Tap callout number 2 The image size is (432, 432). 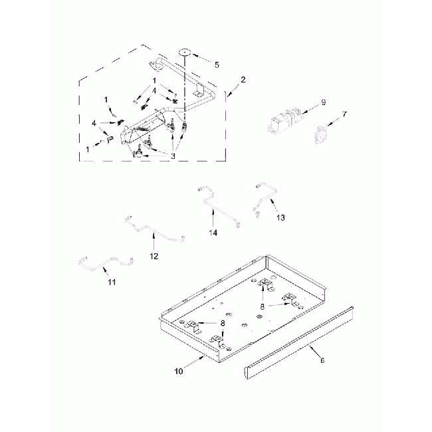coord(243,80)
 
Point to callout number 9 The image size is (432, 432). coord(322,102)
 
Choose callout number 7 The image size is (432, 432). coord(344,115)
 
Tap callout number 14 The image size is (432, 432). coord(213,232)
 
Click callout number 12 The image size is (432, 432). coord(154,255)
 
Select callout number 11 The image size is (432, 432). coord(112,283)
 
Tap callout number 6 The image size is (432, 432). coord(322,361)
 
